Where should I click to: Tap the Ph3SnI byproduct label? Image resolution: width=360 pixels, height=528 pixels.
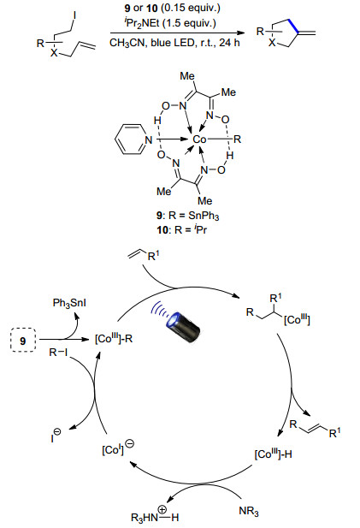click(x=69, y=303)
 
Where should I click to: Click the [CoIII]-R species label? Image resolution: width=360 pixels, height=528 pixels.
click(x=114, y=338)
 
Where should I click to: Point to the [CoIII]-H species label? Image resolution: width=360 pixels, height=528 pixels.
click(x=273, y=454)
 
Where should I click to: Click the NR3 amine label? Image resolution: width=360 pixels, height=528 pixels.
click(x=249, y=511)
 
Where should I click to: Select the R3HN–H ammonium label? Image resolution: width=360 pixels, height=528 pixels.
click(x=155, y=515)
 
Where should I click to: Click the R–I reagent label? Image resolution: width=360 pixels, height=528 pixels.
click(x=58, y=353)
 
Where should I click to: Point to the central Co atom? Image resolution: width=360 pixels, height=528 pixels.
click(x=199, y=139)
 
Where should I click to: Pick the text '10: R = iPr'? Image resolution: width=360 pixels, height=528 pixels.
click(x=181, y=229)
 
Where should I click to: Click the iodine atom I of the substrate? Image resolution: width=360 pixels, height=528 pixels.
click(x=74, y=15)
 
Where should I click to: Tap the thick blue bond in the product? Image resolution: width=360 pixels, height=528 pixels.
click(x=292, y=26)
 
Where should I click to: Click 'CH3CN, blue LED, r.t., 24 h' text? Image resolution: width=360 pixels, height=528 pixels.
click(x=174, y=43)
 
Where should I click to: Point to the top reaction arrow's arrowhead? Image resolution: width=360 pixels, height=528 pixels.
click(x=240, y=33)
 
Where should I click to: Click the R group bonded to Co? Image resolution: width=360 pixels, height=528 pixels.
click(x=238, y=139)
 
